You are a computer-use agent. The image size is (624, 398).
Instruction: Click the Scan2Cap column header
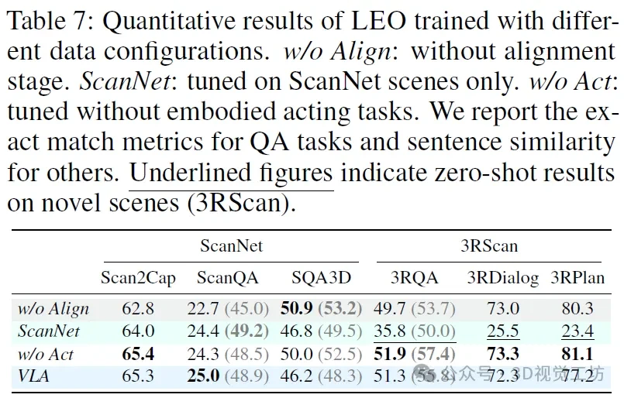click(x=138, y=277)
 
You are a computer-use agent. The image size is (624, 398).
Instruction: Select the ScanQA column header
click(x=227, y=277)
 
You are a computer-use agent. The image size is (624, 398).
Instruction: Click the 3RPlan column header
click(x=577, y=277)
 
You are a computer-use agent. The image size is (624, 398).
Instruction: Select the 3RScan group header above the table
click(x=488, y=246)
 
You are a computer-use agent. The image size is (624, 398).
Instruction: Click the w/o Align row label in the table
click(x=53, y=309)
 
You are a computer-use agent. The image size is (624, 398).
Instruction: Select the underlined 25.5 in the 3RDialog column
click(x=503, y=331)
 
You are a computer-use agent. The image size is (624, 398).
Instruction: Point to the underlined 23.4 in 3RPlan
click(x=577, y=331)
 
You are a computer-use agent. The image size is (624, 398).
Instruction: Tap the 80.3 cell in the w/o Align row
click(x=577, y=309)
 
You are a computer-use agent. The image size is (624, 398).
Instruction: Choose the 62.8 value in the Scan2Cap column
click(x=138, y=309)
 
